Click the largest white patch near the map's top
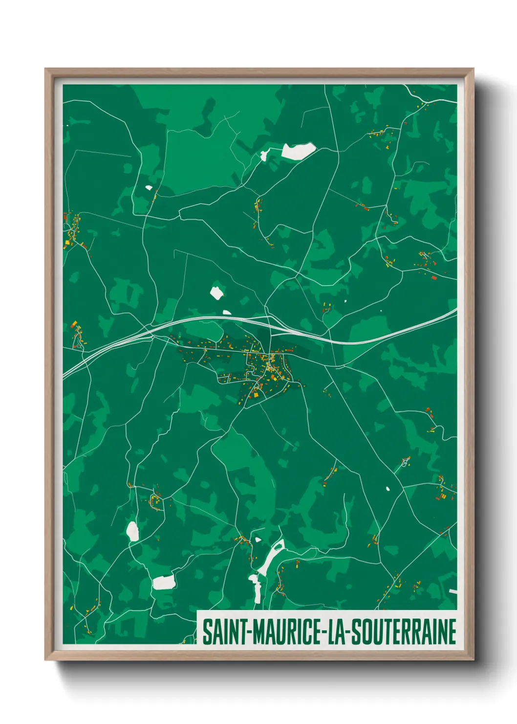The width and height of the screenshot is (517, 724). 298,151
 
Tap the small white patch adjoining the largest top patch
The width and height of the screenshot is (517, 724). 264,156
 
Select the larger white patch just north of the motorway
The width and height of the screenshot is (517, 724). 216,293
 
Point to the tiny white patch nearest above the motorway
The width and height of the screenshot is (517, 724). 227,312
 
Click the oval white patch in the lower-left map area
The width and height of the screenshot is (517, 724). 132,531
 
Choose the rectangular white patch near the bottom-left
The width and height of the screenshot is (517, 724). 164,582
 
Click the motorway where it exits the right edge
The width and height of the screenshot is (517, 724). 454,310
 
